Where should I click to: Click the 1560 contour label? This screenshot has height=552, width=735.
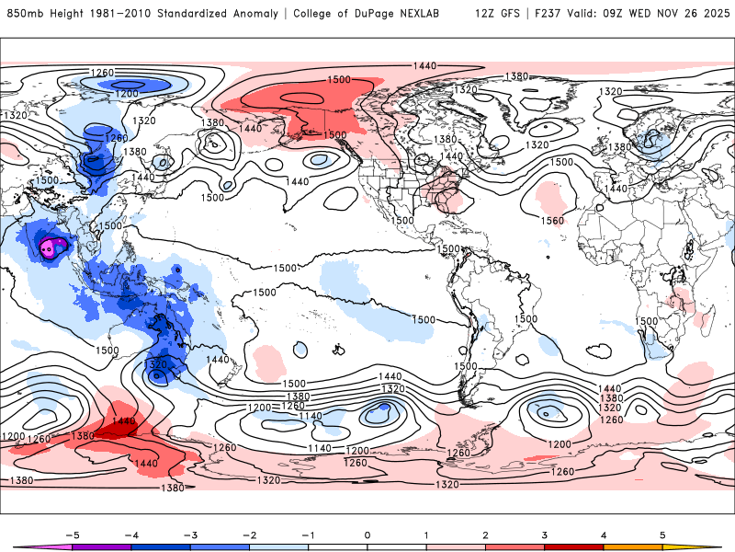[552, 221]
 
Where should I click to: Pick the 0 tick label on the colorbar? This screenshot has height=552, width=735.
[367, 535]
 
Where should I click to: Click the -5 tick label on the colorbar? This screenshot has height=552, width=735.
[71, 535]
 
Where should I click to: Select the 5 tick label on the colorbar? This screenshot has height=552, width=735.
[662, 535]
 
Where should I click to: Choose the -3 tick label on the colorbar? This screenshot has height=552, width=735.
[189, 535]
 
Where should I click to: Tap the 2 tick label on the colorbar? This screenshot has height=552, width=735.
[485, 535]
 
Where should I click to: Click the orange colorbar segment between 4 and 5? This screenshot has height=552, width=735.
[633, 546]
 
